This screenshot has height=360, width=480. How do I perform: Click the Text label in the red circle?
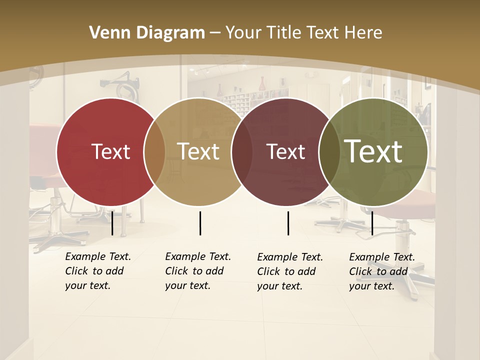coord(110,151)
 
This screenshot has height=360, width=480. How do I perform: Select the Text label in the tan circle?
coord(198,151)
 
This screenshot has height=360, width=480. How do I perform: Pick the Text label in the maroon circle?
coord(286,151)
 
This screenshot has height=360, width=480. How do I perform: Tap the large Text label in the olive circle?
coord(373,151)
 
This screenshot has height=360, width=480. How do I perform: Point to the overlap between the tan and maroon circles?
coord(242,151)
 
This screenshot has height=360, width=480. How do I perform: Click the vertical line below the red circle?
coord(112,223)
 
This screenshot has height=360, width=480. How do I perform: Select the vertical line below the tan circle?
coord(200,223)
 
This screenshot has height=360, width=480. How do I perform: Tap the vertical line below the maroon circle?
coord(288,223)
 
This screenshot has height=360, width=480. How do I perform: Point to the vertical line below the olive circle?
coord(372,223)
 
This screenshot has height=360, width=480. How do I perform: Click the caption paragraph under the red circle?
coord(97,271)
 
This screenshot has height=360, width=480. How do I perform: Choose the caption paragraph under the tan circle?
coord(197,271)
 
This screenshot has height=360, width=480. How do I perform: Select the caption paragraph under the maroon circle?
coord(289,271)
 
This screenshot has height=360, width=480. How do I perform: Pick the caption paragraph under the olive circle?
coord(381,271)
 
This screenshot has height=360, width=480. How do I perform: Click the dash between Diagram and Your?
coord(215,33)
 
